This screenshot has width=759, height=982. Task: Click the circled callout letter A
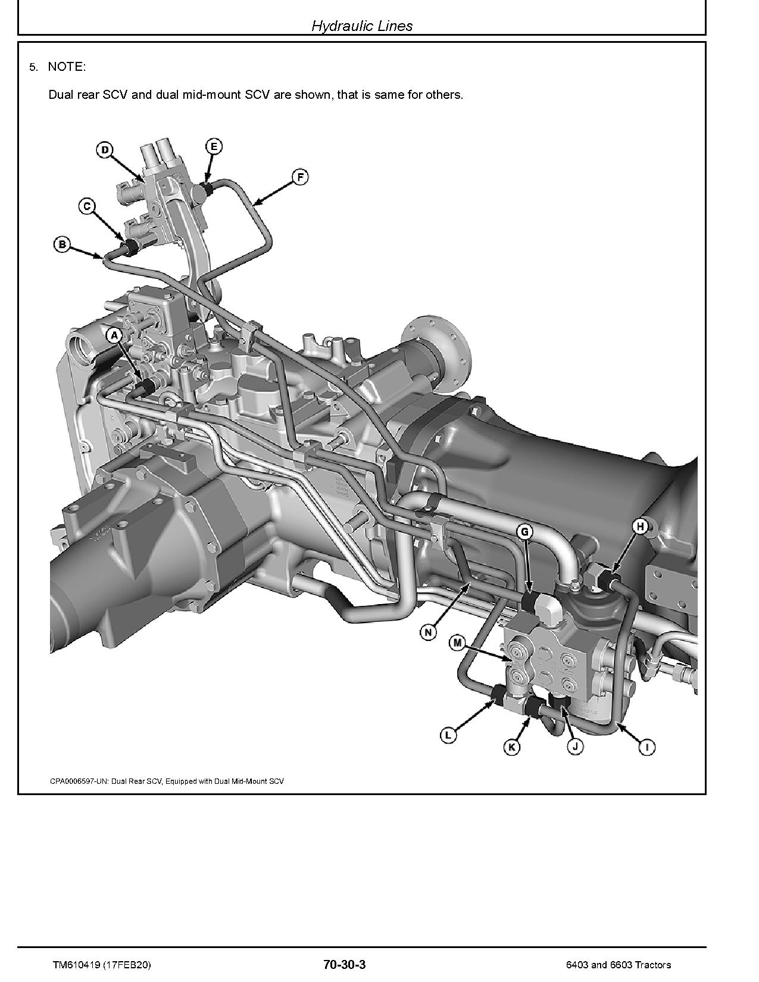tap(114, 336)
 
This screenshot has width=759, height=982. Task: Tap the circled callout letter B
tap(62, 244)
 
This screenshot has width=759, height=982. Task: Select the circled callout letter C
tap(87, 207)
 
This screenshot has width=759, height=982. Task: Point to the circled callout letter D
tap(105, 149)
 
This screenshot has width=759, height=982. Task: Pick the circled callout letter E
tap(214, 146)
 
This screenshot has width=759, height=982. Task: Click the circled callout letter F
tap(301, 176)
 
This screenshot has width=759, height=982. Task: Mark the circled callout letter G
tap(524, 531)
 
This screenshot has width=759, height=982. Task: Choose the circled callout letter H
tap(640, 526)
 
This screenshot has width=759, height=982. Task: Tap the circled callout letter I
tap(646, 747)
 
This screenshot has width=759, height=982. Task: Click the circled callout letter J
tap(574, 747)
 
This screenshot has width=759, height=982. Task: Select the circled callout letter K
tap(512, 747)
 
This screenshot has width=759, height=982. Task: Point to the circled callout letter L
tap(448, 736)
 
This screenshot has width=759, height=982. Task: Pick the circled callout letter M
tap(457, 642)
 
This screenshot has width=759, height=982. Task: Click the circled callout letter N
tap(428, 632)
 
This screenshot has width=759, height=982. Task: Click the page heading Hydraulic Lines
tap(362, 26)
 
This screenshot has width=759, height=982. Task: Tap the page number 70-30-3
tap(344, 965)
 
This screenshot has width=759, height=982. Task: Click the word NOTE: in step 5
tap(67, 67)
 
